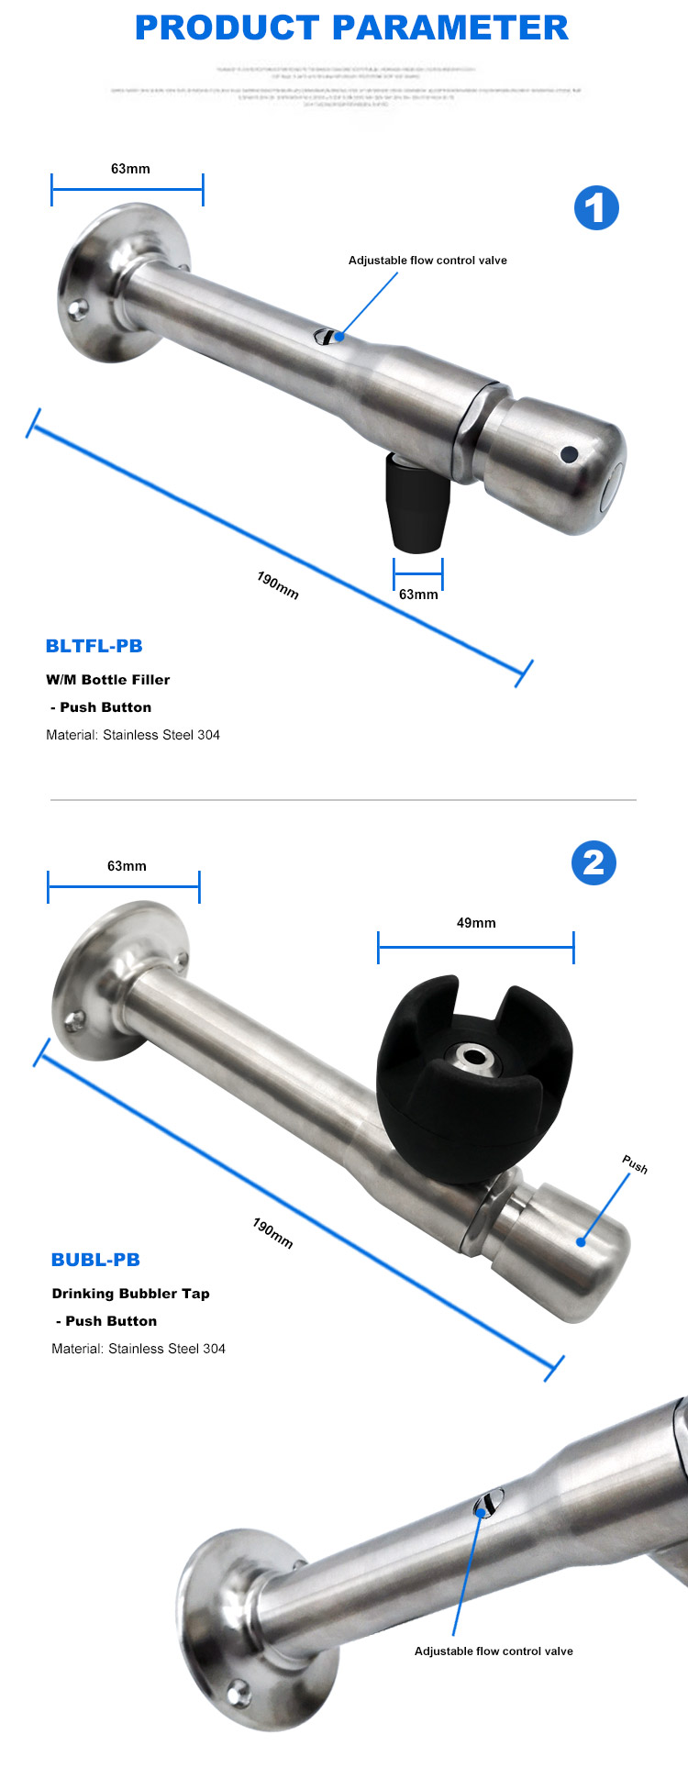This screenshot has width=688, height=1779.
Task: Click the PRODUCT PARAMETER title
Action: (x=351, y=28)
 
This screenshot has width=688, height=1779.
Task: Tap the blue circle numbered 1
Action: (x=596, y=208)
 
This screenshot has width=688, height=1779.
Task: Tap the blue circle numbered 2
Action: (x=594, y=862)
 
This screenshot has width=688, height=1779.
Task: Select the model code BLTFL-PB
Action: (x=94, y=646)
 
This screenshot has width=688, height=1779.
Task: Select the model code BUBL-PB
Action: (x=95, y=1260)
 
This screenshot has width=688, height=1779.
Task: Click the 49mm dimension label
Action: (x=476, y=923)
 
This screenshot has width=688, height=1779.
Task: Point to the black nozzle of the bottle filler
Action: (x=416, y=504)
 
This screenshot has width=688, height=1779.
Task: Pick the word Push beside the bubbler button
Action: (x=635, y=1165)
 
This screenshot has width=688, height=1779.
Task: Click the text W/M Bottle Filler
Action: (x=108, y=680)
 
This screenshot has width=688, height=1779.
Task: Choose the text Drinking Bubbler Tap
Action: (x=130, y=1294)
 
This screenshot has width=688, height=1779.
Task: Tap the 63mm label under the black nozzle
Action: (x=418, y=595)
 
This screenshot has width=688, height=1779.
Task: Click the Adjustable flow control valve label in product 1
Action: (x=427, y=261)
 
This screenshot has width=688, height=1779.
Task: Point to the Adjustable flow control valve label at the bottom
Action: (x=494, y=1651)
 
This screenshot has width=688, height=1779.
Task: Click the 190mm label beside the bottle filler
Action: (x=278, y=585)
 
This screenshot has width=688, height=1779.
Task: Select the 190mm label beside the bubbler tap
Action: (x=273, y=1233)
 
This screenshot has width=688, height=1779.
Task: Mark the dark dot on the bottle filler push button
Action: (x=569, y=453)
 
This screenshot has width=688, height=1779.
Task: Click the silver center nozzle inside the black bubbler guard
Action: (x=473, y=1058)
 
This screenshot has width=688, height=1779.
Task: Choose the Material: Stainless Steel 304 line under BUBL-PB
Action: (x=139, y=1349)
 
